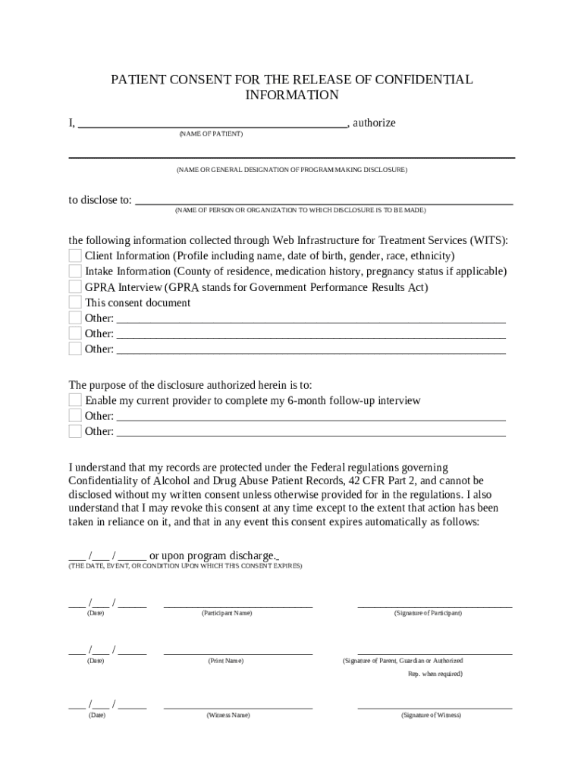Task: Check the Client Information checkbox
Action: (75, 255)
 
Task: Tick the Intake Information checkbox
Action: (75, 271)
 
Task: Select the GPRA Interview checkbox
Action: (75, 287)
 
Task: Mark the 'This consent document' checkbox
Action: (75, 302)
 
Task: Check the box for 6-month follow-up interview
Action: (75, 400)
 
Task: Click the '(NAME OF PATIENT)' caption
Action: (211, 134)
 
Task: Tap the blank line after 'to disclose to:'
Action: (322, 201)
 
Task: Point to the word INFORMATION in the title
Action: (292, 95)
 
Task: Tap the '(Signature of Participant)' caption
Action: (428, 613)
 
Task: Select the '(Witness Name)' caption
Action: (228, 715)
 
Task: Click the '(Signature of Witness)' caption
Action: (431, 715)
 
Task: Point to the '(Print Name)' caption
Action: (226, 661)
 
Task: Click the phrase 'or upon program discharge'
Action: (213, 555)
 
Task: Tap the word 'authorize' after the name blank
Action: (375, 123)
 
